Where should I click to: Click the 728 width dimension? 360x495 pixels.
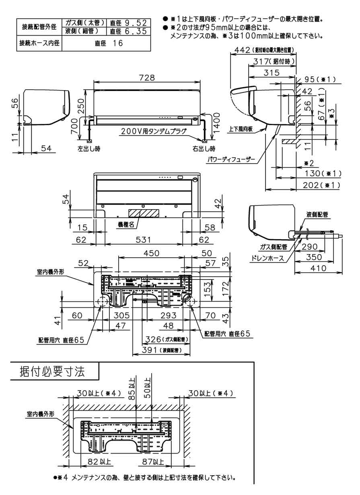[x=146, y=78]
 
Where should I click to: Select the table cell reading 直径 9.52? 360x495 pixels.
[x=128, y=23]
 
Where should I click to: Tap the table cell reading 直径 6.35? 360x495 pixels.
[x=128, y=31]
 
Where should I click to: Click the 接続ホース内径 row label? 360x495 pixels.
[x=39, y=43]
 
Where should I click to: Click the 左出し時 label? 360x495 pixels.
[x=88, y=148]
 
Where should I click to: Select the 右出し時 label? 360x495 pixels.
[x=204, y=148]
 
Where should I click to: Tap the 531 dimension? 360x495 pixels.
[x=143, y=240]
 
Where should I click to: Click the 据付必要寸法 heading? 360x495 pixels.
[x=52, y=371]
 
